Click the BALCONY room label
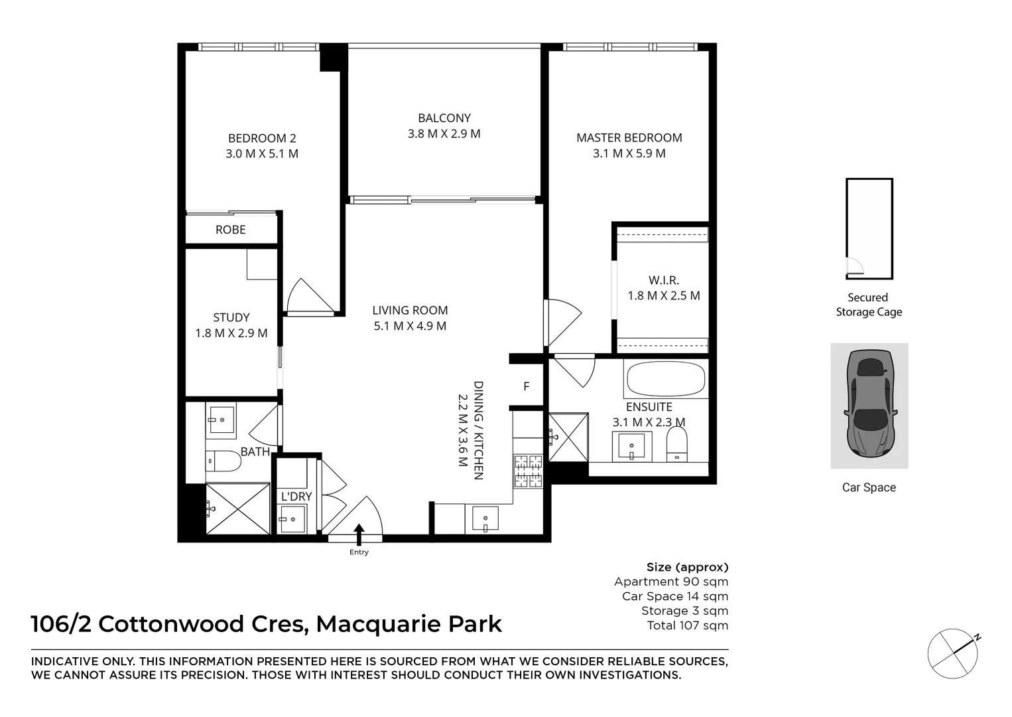pos(444,118)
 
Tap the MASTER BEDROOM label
pos(629,137)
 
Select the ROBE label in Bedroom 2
pos(230,230)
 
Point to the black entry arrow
pos(359,534)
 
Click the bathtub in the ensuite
pos(665,379)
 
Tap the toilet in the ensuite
pos(677,444)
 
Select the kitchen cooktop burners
pos(528,471)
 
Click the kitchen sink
pos(485,518)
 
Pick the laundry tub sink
pos(292,519)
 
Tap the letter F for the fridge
pos(527,386)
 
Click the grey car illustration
pos(869,403)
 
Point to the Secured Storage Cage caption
pos(869,305)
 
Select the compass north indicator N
pos(978,638)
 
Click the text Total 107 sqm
pos(688,625)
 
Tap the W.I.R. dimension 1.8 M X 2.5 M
pos(664,296)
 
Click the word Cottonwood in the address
pos(171,624)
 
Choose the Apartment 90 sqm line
pos(671,582)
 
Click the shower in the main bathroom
pos(237,509)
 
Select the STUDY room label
pos(231,317)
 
